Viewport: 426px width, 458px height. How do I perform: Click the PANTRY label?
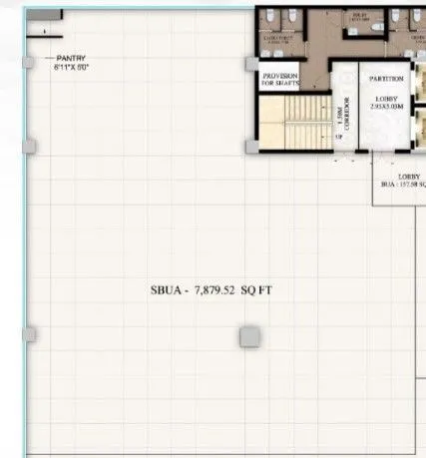coord(73,58)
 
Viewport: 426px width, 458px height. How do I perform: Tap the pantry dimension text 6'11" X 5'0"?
coord(73,66)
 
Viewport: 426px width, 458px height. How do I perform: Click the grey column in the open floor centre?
coord(248,337)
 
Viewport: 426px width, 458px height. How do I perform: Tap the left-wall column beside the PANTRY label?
coord(30,62)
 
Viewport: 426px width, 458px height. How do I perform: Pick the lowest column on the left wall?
coord(29,333)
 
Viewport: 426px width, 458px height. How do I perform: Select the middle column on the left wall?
coord(29,147)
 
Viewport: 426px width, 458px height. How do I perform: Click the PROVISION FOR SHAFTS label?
coord(281,79)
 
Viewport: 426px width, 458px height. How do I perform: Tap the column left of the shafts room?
coord(251,64)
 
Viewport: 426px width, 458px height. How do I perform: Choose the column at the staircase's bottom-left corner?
coord(252,148)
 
